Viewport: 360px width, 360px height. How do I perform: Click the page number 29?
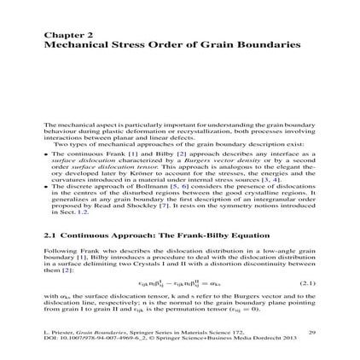(x=311, y=331)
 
